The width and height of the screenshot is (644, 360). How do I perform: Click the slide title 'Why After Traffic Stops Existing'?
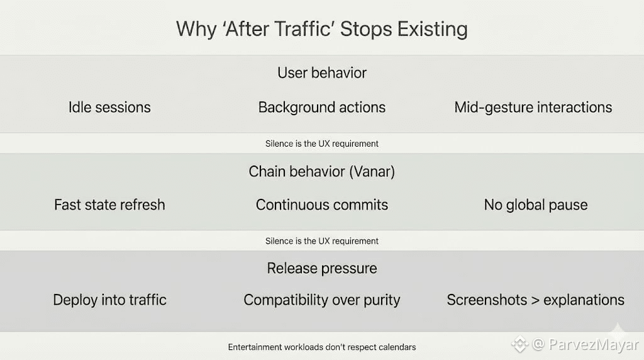[x=322, y=30]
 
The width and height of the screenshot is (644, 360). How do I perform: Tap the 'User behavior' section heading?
[x=322, y=73]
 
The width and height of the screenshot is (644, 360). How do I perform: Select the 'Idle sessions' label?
[x=109, y=107]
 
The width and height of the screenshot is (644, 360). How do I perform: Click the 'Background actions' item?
[x=322, y=108]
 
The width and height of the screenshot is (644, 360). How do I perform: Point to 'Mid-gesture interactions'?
[x=533, y=108]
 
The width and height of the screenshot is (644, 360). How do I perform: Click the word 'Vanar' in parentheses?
[x=372, y=171]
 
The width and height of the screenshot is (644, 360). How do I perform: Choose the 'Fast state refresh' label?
[x=109, y=205]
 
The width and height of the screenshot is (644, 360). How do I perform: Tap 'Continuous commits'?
[x=322, y=205]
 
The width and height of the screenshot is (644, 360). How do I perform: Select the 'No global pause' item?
[x=536, y=205]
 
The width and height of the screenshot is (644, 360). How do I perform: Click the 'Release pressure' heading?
[x=322, y=269]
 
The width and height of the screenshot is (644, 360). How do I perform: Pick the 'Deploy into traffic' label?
[x=109, y=300]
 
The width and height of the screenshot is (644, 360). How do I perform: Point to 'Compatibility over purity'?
[x=322, y=300]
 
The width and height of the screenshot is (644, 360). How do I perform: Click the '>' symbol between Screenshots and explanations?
[x=535, y=300]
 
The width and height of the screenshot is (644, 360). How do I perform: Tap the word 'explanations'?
[x=584, y=300]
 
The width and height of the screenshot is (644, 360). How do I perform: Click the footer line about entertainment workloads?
[x=322, y=347]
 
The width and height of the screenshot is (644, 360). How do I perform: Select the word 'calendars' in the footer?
[x=397, y=347]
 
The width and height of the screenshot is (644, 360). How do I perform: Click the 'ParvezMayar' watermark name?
[x=594, y=344]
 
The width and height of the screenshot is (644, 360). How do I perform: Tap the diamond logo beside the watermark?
[x=519, y=344]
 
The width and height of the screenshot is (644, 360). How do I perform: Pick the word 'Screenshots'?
[x=487, y=300]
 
